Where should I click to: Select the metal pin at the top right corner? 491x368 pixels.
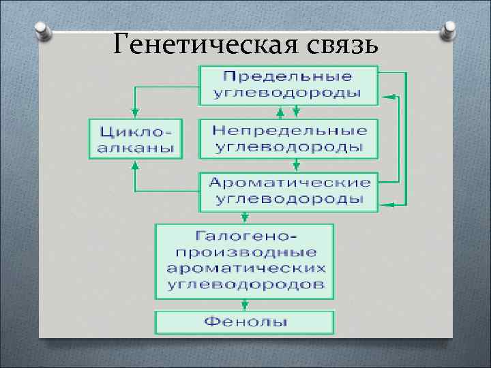click(x=449, y=29)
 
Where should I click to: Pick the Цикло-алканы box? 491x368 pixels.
click(x=135, y=138)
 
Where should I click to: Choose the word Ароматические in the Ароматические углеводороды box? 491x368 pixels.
click(x=290, y=183)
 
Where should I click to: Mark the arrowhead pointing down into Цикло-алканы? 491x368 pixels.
click(x=135, y=112)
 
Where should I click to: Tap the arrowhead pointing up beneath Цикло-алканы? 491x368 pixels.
click(x=135, y=164)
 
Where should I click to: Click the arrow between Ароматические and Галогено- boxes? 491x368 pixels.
click(x=243, y=216)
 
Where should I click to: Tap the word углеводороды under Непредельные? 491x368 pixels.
click(x=290, y=147)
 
